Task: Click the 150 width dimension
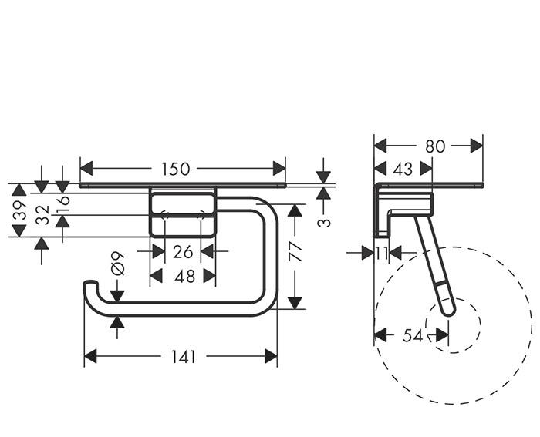pos(176,169)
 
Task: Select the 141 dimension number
pos(184,357)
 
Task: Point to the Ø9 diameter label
pos(118,264)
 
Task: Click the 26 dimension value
pos(183,252)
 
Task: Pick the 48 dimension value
pos(184,277)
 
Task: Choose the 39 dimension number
pos(20,210)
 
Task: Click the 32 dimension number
pos(42,215)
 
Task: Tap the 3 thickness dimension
pos(324,223)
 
